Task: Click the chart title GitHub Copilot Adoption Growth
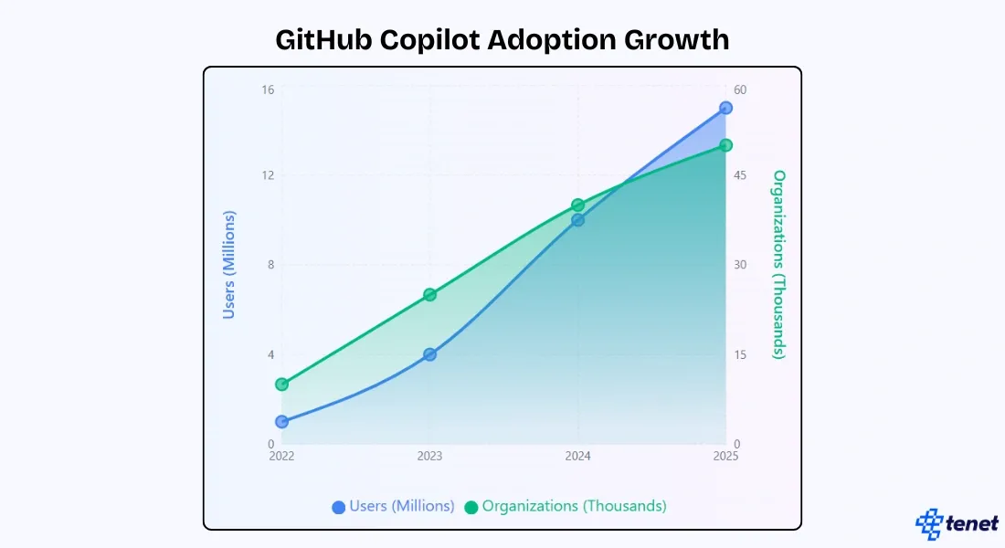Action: click(502, 39)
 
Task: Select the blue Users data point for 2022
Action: click(282, 422)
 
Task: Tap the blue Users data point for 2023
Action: click(429, 354)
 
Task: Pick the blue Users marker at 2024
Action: click(577, 220)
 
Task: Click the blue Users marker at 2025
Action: click(725, 108)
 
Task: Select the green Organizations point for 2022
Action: click(282, 385)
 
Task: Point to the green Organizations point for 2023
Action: click(429, 295)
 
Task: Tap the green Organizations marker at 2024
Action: click(577, 205)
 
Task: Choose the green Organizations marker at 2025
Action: click(725, 145)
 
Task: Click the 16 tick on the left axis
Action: click(268, 90)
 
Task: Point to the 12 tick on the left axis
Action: click(268, 175)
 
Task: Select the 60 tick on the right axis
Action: click(740, 90)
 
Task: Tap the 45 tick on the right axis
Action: click(740, 175)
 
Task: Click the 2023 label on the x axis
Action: click(429, 457)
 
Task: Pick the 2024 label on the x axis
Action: click(577, 457)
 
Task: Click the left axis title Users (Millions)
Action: click(229, 265)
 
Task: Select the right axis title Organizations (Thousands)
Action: click(779, 265)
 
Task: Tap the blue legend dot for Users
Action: click(339, 507)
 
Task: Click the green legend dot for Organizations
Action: click(471, 507)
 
